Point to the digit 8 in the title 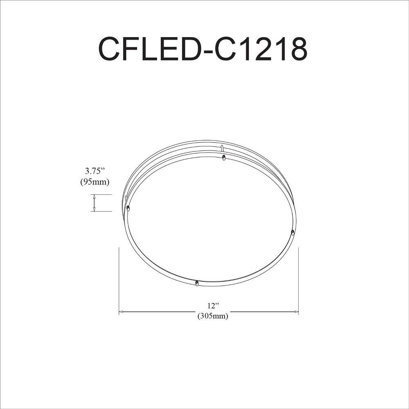(x=298, y=49)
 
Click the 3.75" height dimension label (x=95, y=171)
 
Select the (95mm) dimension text (x=95, y=182)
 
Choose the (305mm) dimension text (x=213, y=316)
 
